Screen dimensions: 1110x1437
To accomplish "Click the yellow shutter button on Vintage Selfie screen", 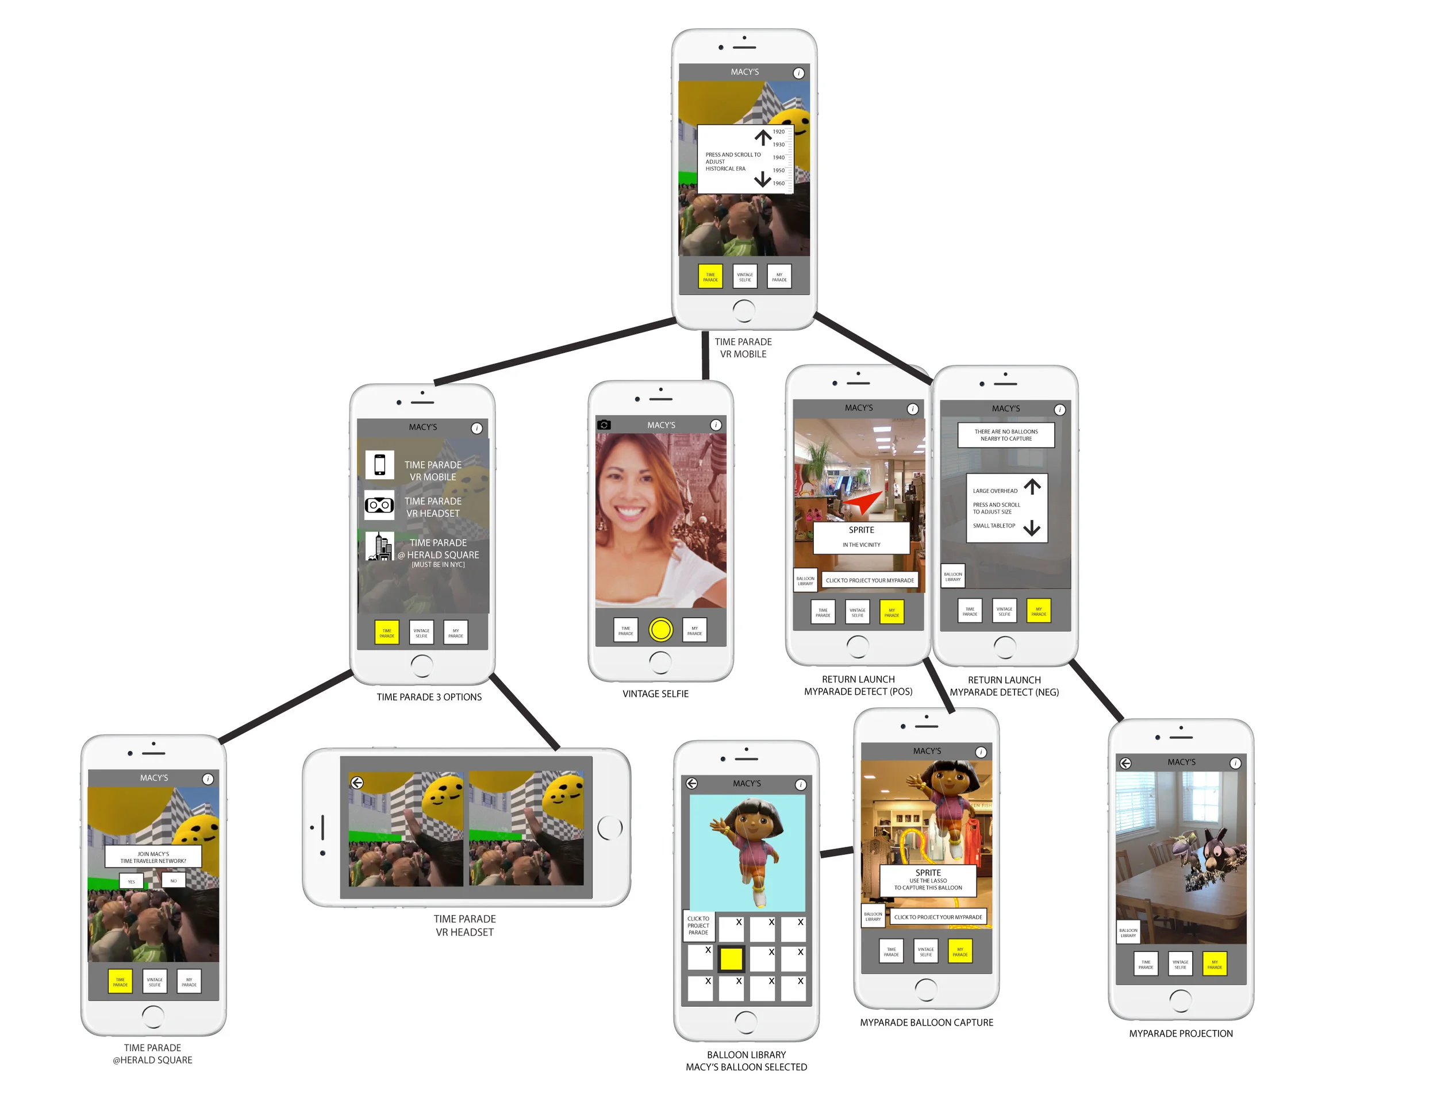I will click(x=660, y=629).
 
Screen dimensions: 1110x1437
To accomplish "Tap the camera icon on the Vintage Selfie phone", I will click(x=604, y=425).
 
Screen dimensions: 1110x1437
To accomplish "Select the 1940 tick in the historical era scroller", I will click(x=779, y=157).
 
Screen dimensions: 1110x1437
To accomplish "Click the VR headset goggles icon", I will click(x=379, y=505).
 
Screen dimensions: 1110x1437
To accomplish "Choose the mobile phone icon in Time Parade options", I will click(x=379, y=465).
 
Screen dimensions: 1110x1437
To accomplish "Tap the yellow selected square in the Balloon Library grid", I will click(x=731, y=959).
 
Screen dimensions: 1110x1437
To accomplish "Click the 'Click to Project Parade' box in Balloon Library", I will click(x=698, y=925).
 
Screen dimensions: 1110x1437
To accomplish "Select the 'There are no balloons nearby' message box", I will click(x=1005, y=435).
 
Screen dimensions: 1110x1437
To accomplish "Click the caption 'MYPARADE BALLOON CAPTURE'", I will click(x=927, y=1023).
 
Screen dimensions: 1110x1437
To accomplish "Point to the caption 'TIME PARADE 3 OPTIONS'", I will click(x=429, y=697).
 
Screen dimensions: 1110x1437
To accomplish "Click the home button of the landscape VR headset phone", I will click(x=610, y=827).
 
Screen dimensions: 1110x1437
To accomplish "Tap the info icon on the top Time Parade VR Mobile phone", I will click(x=798, y=73).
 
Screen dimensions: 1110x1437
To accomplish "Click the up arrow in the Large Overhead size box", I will click(x=1032, y=487).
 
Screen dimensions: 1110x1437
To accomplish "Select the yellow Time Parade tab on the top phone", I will click(x=710, y=277).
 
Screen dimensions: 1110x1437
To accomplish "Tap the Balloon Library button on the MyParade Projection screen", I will click(x=1128, y=932).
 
